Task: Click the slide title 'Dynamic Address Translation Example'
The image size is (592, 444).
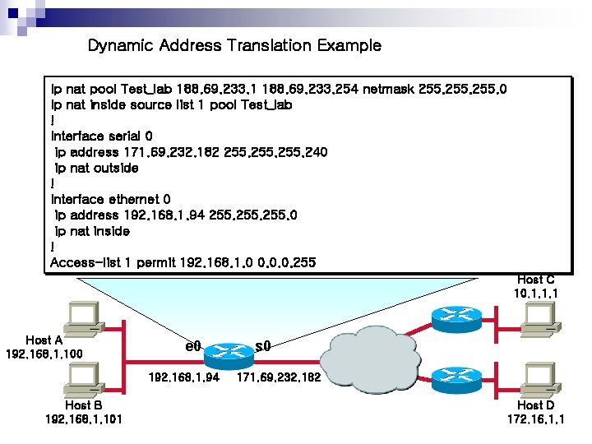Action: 234,45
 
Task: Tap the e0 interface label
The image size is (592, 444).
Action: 193,346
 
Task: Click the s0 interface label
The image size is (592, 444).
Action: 263,346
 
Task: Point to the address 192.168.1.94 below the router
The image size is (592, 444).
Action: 184,378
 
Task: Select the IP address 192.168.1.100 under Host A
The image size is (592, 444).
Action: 44,354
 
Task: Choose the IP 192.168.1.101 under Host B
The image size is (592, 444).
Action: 83,419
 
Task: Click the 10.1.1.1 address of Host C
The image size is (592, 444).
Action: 536,293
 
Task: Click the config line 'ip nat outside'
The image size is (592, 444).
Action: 96,168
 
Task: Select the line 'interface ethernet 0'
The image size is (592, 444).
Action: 111,199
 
